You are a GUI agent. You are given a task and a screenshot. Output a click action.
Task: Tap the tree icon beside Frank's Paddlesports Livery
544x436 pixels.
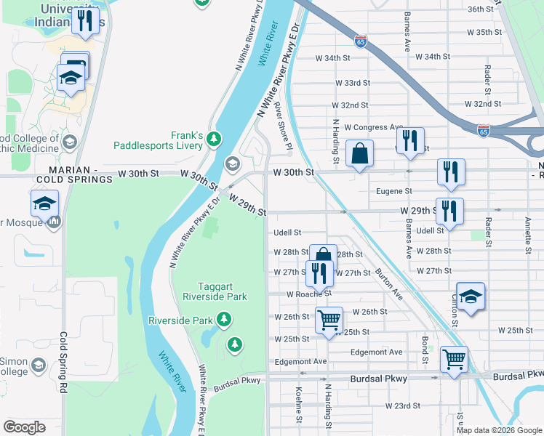tap(213, 138)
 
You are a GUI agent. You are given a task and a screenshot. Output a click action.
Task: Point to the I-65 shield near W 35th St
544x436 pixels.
tap(361, 42)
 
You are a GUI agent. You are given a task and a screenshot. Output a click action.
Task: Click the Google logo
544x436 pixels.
tap(24, 427)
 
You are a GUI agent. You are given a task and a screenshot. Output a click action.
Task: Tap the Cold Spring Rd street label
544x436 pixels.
tap(63, 363)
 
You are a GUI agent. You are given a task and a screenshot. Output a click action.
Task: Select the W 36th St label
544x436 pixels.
tap(486, 9)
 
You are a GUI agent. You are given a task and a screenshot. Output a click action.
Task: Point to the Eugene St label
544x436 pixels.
tap(394, 191)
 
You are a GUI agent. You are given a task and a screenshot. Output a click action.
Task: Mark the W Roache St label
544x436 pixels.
tap(308, 294)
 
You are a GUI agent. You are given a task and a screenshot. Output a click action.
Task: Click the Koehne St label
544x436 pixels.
tap(299, 403)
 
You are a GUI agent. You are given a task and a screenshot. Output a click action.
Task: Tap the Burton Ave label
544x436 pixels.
tap(389, 286)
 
